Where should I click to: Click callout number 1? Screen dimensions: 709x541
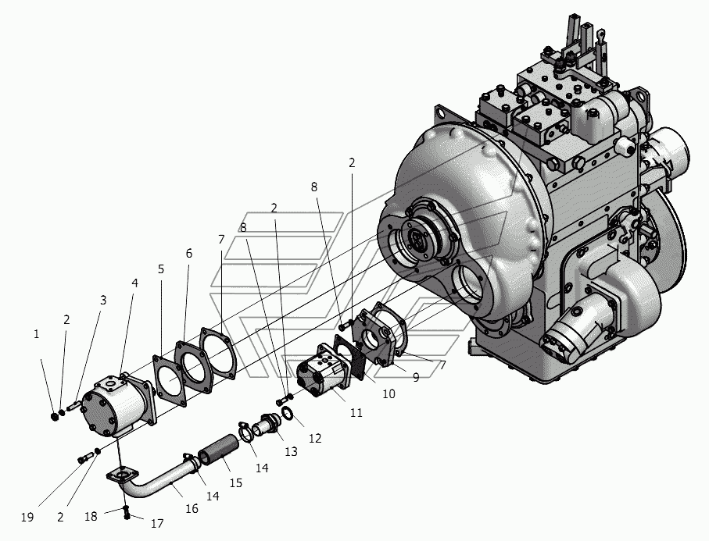(x=37, y=334)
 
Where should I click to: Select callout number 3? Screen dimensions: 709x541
(x=103, y=300)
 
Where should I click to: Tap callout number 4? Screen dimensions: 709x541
(x=134, y=283)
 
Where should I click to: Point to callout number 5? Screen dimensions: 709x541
(x=161, y=269)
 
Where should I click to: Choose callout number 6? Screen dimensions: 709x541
(x=188, y=254)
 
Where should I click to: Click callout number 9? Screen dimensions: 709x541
(x=416, y=378)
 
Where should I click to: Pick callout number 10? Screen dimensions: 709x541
(x=389, y=394)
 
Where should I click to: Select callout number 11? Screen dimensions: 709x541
(x=356, y=413)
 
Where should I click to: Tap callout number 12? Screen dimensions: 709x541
(x=315, y=438)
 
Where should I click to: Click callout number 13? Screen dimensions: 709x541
(x=292, y=451)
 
